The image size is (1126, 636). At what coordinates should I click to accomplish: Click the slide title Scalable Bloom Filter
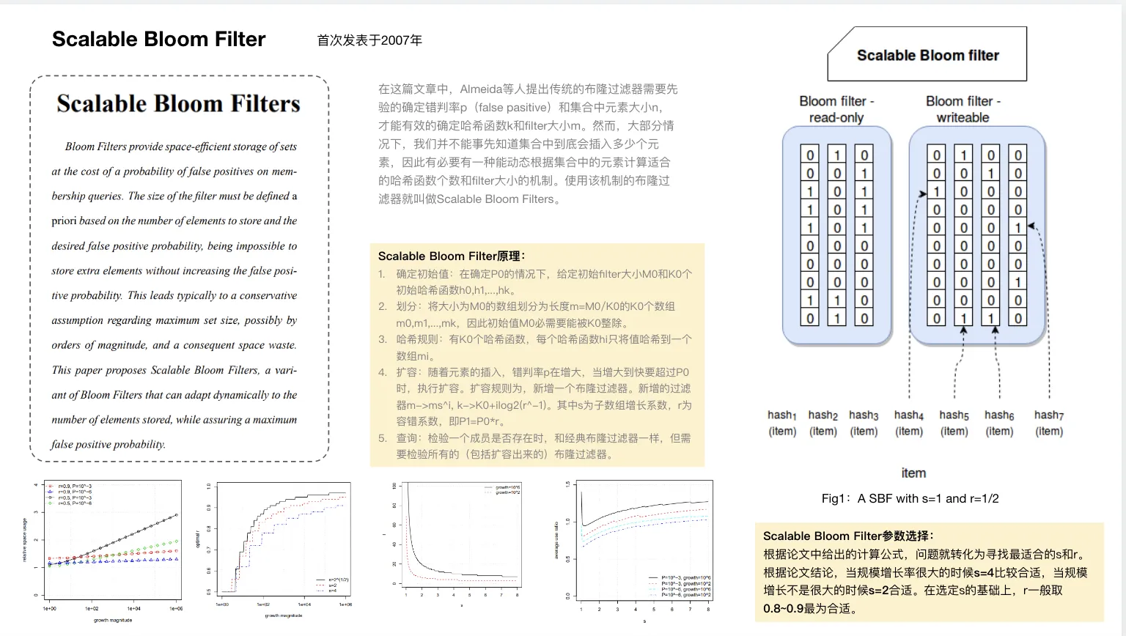[158, 40]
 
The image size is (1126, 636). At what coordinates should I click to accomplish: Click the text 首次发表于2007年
[369, 40]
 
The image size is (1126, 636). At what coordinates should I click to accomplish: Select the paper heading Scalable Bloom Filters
[178, 104]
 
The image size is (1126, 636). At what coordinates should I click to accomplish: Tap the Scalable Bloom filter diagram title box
[927, 55]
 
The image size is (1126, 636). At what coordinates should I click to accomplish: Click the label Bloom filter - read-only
[836, 109]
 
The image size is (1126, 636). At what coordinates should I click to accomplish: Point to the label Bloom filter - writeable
[963, 109]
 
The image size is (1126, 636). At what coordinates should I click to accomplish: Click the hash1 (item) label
[782, 423]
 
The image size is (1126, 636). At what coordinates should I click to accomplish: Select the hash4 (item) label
[909, 423]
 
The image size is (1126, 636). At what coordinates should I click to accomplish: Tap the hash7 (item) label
[1049, 423]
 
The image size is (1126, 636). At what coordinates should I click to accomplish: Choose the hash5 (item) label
[954, 423]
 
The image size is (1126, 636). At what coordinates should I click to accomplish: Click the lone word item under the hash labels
[913, 473]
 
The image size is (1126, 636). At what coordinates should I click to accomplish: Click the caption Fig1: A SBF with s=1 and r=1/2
[910, 498]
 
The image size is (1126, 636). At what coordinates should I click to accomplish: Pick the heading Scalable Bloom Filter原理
[452, 256]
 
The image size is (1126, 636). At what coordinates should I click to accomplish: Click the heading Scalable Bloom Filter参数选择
[848, 536]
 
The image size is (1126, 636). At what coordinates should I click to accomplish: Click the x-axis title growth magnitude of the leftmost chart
[113, 620]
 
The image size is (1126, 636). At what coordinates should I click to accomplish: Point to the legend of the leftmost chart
[70, 495]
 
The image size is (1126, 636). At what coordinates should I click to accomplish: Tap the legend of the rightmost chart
[680, 586]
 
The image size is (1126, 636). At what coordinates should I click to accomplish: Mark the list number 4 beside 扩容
[382, 372]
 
